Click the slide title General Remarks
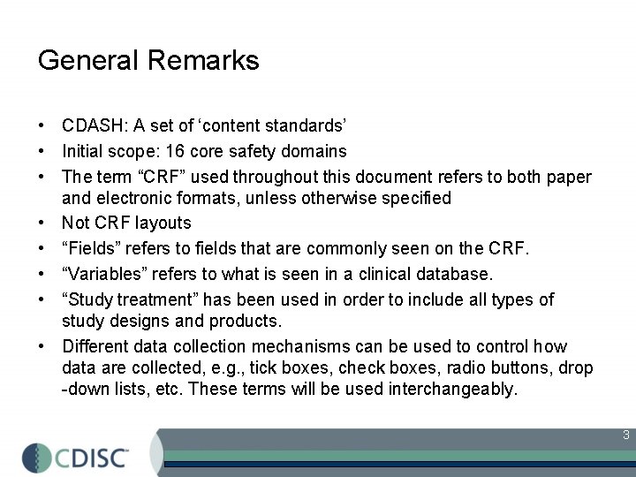pos(148,60)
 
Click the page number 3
pos(625,435)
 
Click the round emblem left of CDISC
pos(37,458)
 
